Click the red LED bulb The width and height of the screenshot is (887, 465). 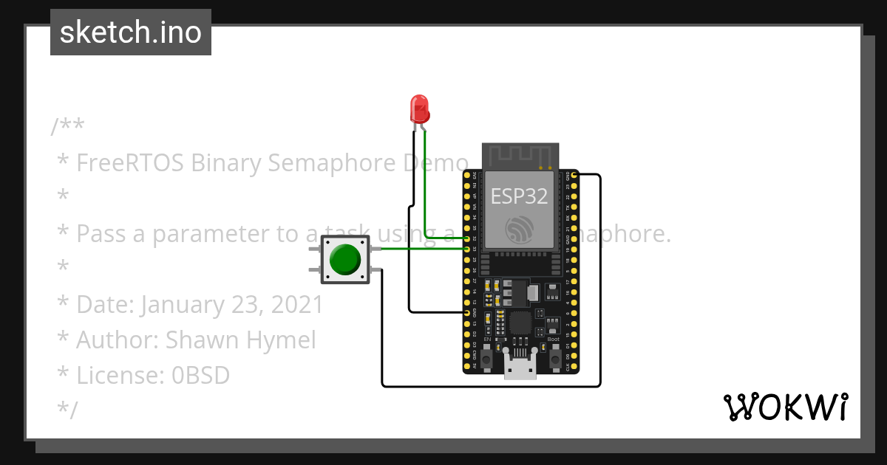419,108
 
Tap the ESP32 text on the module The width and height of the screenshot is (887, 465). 520,196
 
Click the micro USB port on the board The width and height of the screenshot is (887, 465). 520,367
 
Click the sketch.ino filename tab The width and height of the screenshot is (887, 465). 131,32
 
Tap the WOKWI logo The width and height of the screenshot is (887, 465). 785,407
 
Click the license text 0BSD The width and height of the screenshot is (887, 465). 200,375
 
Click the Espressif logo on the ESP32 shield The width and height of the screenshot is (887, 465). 520,229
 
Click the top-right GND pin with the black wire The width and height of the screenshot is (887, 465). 574,176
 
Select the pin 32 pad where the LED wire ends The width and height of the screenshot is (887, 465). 467,238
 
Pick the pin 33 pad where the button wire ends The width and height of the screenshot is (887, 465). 467,249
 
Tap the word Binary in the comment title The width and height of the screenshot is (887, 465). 225,162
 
